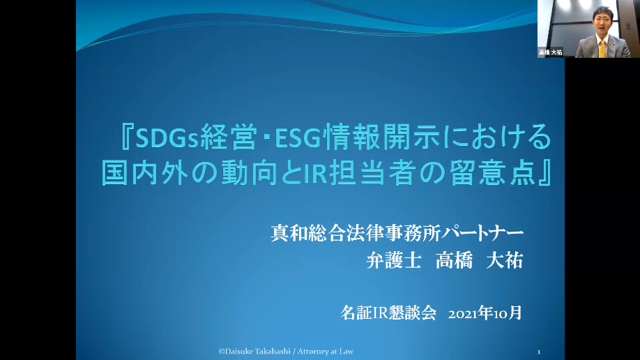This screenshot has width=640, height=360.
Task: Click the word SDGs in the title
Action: [x=167, y=137]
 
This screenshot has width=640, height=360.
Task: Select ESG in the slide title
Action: [x=298, y=137]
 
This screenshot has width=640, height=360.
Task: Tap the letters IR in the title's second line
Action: [x=316, y=173]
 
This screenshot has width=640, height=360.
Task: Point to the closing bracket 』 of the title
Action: [x=546, y=173]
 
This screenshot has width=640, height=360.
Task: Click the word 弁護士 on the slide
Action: [x=393, y=260]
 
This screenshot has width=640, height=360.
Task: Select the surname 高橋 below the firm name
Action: [x=454, y=260]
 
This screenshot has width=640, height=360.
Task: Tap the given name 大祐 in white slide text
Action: [x=505, y=260]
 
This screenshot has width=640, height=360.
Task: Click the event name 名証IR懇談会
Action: [x=388, y=313]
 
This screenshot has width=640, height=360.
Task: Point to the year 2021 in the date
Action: [x=463, y=314]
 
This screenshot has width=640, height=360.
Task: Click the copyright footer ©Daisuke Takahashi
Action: [x=254, y=352]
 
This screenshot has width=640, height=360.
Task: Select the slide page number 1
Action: [x=539, y=352]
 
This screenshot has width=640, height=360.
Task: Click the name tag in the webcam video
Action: [x=550, y=52]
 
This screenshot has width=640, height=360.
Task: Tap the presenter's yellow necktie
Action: [x=602, y=49]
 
